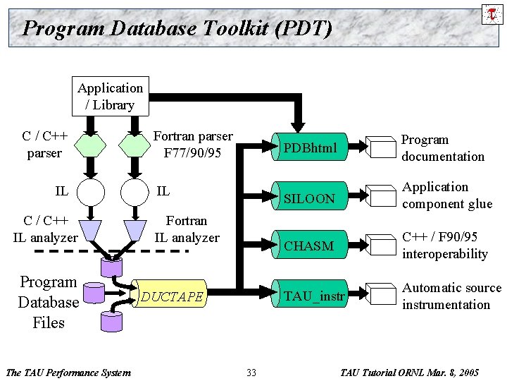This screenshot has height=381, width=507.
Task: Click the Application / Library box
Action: [111, 97]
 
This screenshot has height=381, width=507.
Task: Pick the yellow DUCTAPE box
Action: [173, 296]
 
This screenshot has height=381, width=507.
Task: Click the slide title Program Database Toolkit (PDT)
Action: [177, 28]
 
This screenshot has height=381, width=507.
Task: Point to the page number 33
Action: [251, 372]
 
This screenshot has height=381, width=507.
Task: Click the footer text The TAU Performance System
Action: [68, 372]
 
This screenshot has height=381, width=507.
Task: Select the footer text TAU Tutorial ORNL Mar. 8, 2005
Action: [409, 372]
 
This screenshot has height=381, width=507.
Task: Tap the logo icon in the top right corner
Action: [492, 13]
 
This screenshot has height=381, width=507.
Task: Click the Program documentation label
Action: [442, 148]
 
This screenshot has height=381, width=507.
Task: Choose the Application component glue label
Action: [446, 195]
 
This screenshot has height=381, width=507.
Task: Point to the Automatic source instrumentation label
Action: [451, 296]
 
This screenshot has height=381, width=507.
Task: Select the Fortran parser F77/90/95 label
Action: [192, 145]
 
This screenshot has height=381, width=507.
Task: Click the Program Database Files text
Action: [48, 303]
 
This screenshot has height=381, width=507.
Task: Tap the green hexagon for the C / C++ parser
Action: [89, 145]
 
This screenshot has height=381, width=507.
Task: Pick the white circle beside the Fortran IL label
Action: [135, 191]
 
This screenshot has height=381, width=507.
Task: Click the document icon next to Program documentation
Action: [384, 147]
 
